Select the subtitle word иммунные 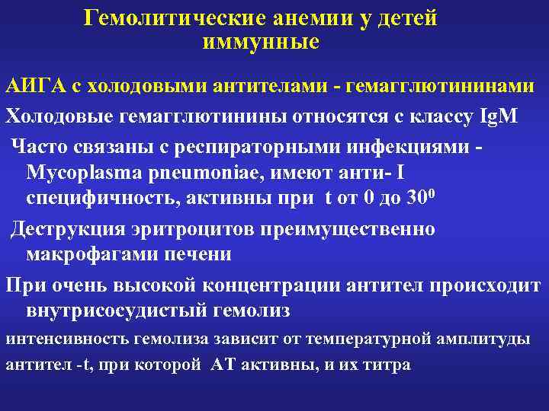[x=261, y=42]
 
